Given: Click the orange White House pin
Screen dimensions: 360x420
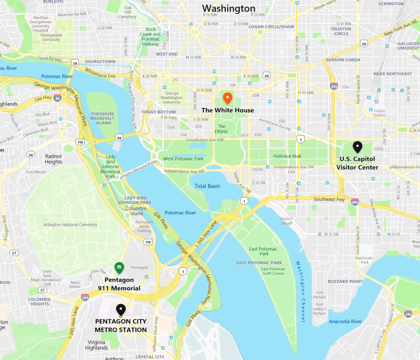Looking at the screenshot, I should pyautogui.click(x=227, y=98).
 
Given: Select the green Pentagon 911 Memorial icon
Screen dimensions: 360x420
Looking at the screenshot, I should pyautogui.click(x=119, y=267).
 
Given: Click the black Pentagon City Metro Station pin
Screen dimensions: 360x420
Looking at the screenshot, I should pyautogui.click(x=120, y=309).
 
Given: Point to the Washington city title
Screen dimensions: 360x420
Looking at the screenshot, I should pyautogui.click(x=228, y=9).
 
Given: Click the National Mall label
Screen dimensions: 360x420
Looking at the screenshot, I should pyautogui.click(x=287, y=156).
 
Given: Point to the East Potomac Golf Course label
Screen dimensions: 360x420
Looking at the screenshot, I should pyautogui.click(x=273, y=271).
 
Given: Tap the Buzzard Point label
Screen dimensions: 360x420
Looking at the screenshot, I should pyautogui.click(x=345, y=282).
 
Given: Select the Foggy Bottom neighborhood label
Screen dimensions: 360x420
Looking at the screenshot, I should pyautogui.click(x=159, y=112).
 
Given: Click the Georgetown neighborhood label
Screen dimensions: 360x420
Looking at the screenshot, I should pyautogui.click(x=101, y=61).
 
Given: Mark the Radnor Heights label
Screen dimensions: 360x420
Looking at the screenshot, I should pyautogui.click(x=54, y=159).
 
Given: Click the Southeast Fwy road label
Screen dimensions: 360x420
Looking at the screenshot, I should pyautogui.click(x=328, y=199).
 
